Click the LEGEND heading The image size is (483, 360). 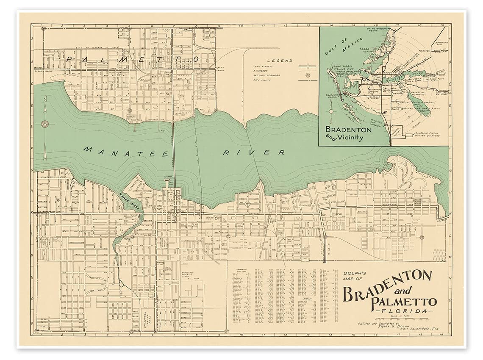pos(283,61)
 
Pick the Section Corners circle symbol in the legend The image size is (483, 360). pos(307,75)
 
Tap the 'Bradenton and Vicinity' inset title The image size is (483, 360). pos(349,133)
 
